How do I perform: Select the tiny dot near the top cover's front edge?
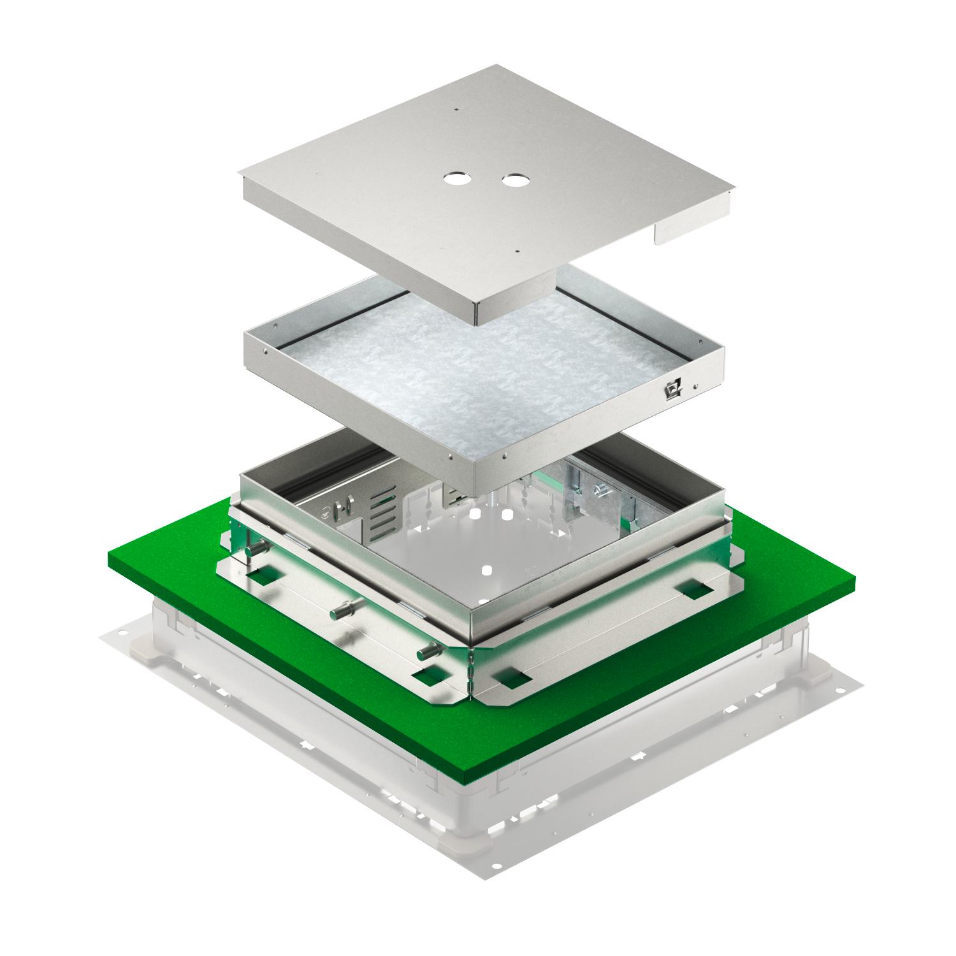point(519,250)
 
